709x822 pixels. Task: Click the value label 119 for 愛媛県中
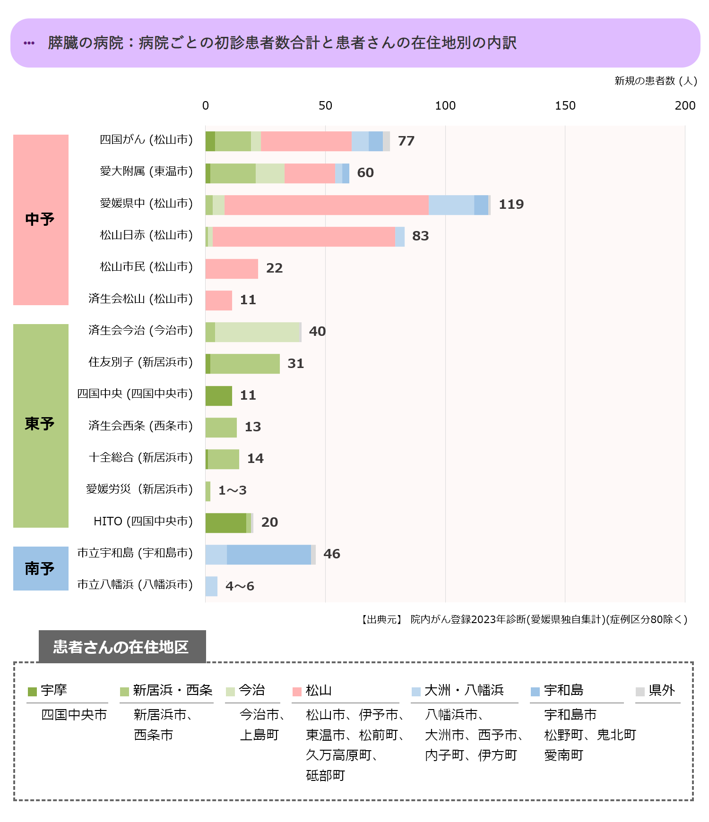(x=511, y=205)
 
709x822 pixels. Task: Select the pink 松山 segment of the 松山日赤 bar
(x=303, y=237)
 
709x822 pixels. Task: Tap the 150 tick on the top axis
(x=565, y=106)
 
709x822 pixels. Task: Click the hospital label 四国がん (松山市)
(x=146, y=140)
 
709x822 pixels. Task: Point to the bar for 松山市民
(x=232, y=269)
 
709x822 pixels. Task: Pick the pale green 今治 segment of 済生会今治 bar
(x=258, y=332)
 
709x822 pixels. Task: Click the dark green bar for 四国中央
(x=219, y=396)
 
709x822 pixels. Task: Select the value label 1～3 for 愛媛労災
(x=232, y=490)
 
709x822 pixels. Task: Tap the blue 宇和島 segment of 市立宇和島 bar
(x=268, y=555)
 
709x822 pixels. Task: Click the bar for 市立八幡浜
(x=211, y=586)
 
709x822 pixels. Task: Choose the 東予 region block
(x=41, y=425)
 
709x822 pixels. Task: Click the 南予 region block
(x=41, y=568)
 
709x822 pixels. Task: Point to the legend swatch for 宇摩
(x=32, y=692)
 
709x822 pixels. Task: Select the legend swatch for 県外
(x=640, y=692)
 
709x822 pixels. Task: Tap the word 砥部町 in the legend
(x=326, y=775)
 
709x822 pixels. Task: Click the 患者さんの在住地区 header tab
(x=122, y=647)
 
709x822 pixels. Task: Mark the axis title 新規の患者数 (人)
(x=656, y=81)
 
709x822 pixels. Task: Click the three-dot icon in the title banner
(x=29, y=43)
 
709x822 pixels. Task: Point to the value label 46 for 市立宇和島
(x=332, y=554)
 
